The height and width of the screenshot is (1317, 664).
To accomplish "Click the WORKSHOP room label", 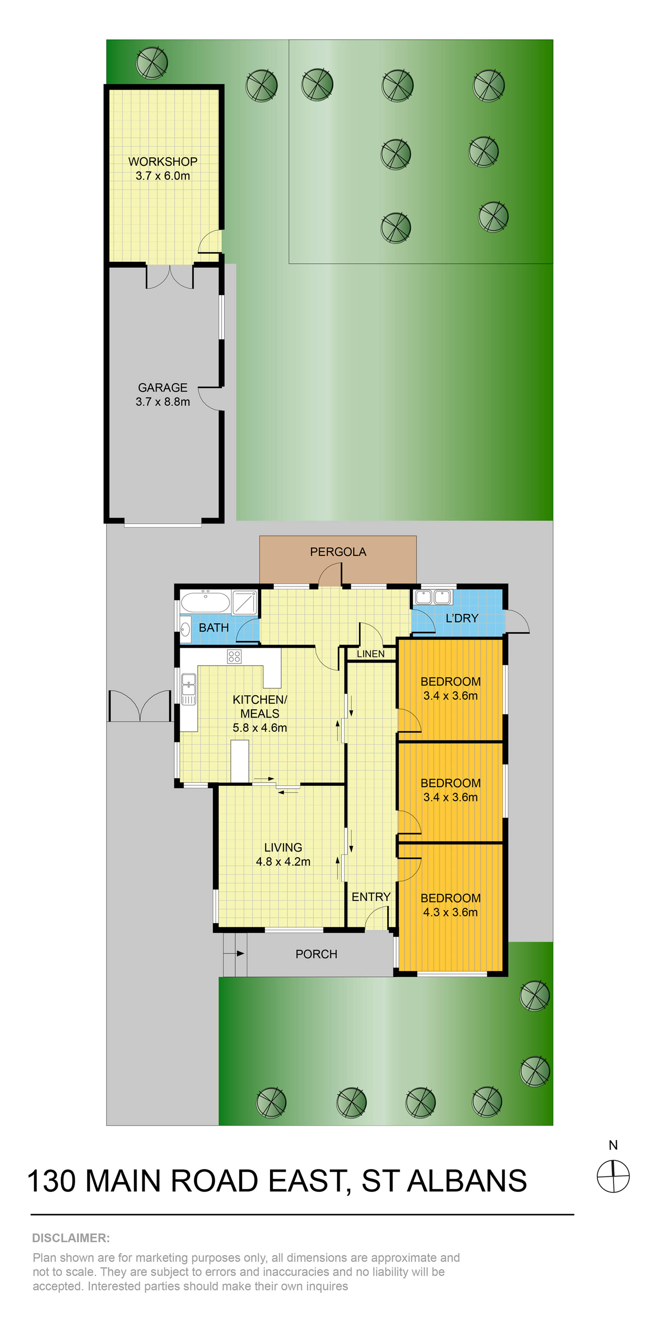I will coord(163,162).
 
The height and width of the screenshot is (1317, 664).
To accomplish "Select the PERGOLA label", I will coord(338,552).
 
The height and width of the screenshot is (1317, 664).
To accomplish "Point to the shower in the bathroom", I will coord(245,602).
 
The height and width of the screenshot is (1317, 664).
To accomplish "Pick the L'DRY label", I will coord(461,618).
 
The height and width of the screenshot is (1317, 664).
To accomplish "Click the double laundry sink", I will coord(433,597).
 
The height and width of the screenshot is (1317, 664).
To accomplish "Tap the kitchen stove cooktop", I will coord(234,656).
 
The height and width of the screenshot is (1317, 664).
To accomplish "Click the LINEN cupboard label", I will coord(371,654).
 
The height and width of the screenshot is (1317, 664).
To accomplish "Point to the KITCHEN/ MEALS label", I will coord(260,707).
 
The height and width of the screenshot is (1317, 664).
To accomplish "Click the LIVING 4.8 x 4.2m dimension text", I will coord(283,862).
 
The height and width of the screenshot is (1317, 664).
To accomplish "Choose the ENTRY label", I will coord(371,897).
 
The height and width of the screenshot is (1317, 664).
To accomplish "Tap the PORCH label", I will coord(316,954).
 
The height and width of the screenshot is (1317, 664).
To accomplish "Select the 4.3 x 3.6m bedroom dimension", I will coord(450,912).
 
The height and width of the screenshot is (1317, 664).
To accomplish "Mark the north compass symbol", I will coord(613,1176).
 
